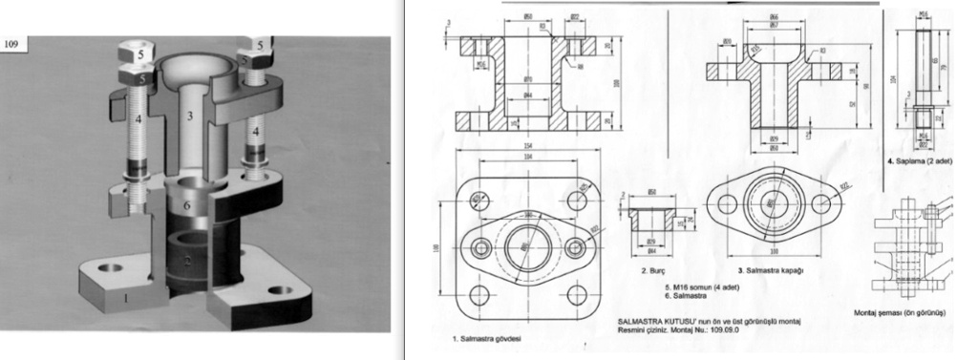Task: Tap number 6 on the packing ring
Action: pos(188,205)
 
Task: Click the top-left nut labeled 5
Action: pos(139,54)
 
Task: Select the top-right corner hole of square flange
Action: pos(576,201)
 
